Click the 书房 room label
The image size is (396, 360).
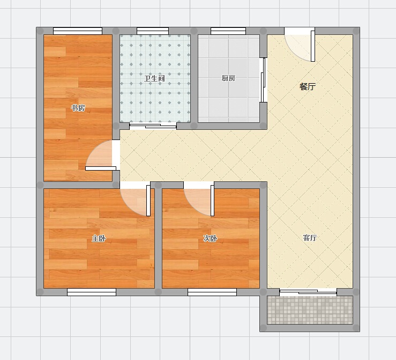click(78, 108)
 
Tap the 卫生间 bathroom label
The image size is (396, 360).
click(154, 78)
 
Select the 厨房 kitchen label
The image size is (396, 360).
click(228, 78)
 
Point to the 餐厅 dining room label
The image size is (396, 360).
click(308, 86)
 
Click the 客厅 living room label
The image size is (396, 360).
click(310, 238)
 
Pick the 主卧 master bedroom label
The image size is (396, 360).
click(99, 238)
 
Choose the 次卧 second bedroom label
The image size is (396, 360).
click(210, 238)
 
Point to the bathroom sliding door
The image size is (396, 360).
click(153, 126)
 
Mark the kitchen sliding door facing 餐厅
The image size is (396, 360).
click(263, 80)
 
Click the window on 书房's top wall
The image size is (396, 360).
click(78, 31)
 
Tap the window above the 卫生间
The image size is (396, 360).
click(153, 31)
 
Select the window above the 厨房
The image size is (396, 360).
click(228, 31)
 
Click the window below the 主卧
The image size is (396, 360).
click(92, 292)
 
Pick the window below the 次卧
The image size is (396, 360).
click(212, 292)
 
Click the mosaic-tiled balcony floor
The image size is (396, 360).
click(310, 310)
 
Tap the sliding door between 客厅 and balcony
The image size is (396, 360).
click(308, 292)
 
